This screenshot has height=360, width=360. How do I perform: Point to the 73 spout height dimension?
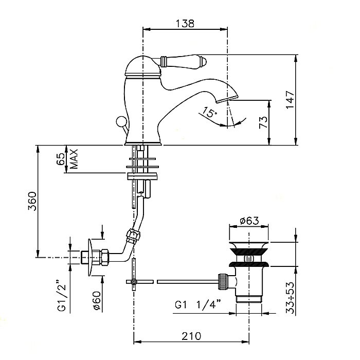tap(263, 122)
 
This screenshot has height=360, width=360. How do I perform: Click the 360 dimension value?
tap(32, 202)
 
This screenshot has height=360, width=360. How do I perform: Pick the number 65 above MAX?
tap(61, 158)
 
